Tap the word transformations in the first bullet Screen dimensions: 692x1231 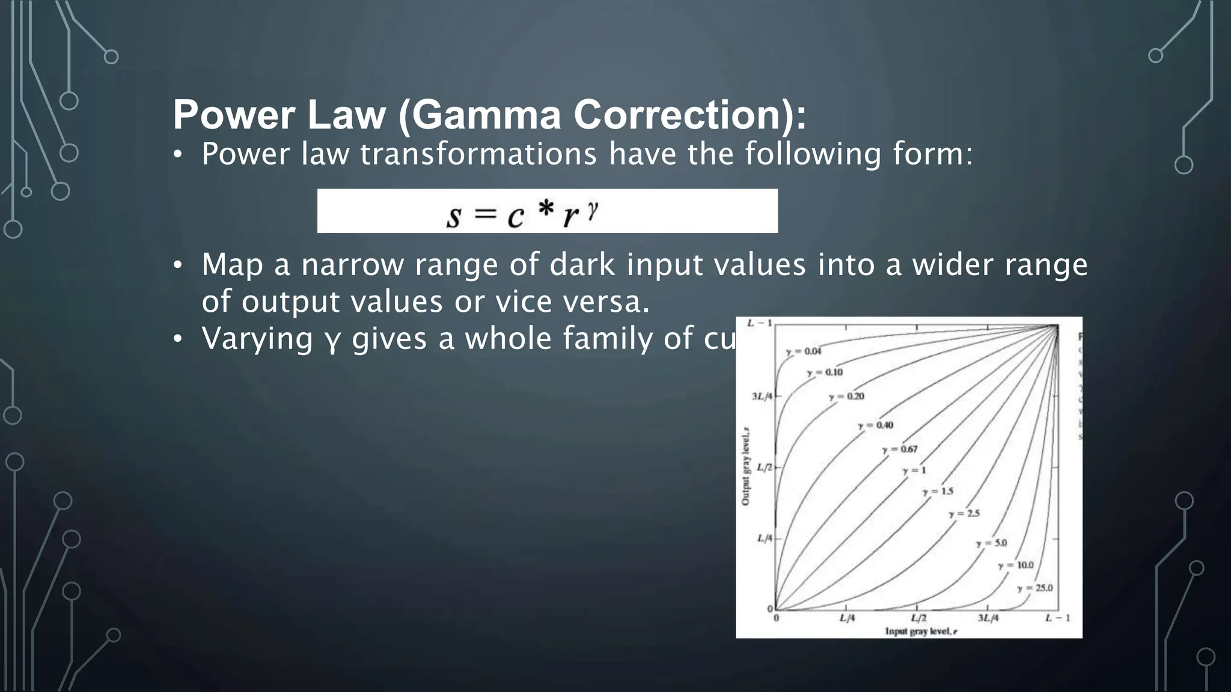point(478,154)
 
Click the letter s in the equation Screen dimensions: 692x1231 point(454,216)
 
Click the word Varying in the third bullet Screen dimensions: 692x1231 point(257,338)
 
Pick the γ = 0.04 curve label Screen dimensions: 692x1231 point(804,351)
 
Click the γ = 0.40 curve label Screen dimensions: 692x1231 point(876,425)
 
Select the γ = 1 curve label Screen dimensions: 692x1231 point(914,471)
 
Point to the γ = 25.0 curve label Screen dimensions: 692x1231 point(1035,588)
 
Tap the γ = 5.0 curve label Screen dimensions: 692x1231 point(991,543)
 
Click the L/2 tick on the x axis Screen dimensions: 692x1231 point(918,618)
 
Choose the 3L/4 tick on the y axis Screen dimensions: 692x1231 point(762,396)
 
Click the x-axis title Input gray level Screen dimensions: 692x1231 point(920,631)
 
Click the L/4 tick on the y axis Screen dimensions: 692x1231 point(764,538)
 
